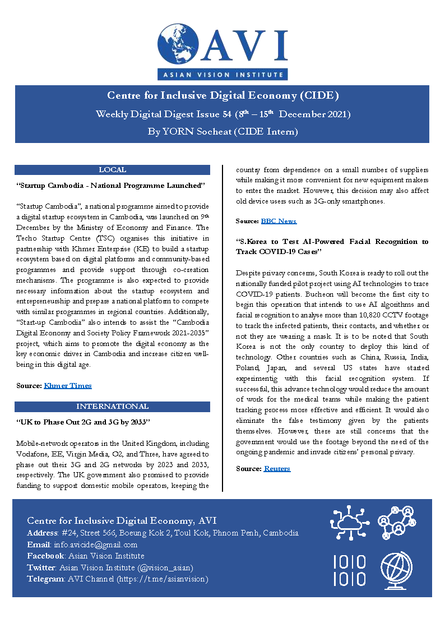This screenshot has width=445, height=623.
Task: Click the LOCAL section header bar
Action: pos(112,170)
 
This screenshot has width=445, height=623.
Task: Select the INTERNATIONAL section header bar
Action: pos(112,407)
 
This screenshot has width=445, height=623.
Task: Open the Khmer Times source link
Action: pos(67,386)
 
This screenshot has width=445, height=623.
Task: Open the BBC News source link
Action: pos(279,221)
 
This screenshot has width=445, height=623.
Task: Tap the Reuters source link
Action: pos(277,469)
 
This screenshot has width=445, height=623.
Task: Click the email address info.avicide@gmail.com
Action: pos(95,544)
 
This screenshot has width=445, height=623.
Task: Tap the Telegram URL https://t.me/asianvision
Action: pos(161,579)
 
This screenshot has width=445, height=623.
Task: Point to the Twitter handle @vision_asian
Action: pos(166,567)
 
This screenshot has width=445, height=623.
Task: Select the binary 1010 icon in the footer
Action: pos(350,570)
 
